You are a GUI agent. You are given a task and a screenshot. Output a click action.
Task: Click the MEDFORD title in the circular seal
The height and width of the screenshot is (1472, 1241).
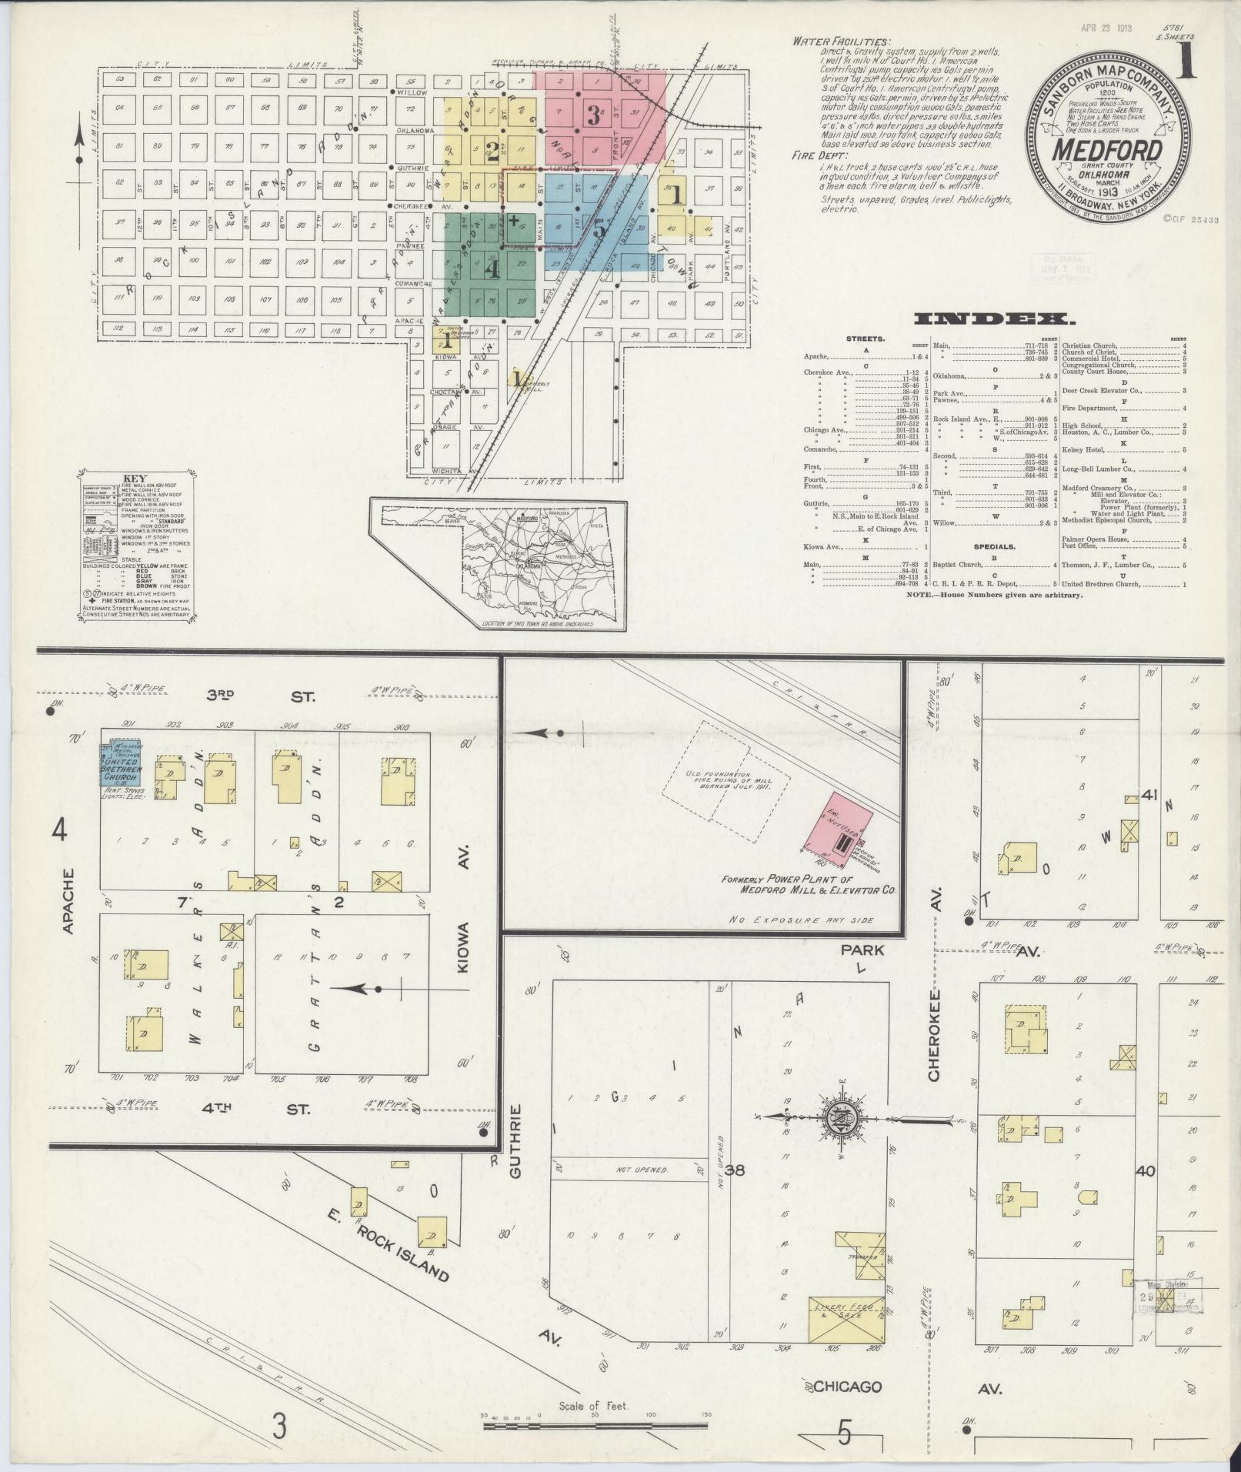pyautogui.click(x=1106, y=149)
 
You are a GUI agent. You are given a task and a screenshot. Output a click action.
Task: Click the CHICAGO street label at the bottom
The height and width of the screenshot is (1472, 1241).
pyautogui.click(x=847, y=1387)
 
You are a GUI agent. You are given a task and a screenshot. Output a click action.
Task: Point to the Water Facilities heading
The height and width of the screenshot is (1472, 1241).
pyautogui.click(x=840, y=42)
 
